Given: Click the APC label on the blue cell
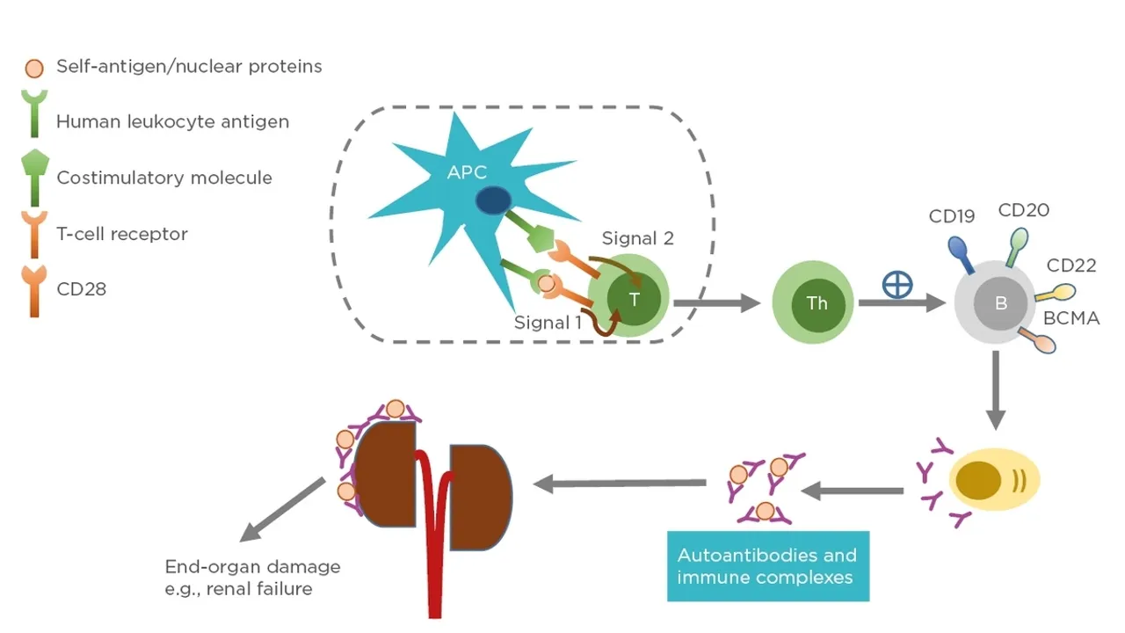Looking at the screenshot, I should [467, 172].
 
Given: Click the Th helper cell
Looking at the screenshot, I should [817, 303].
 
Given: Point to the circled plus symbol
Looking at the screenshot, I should [897, 285].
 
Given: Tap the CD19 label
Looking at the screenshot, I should [952, 216].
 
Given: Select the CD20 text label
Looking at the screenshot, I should [1023, 210].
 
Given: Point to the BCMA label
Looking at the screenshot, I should [1071, 318].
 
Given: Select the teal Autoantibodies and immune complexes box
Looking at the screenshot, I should [767, 566].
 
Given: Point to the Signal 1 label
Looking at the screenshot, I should [548, 323].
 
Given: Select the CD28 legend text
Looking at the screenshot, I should [81, 288].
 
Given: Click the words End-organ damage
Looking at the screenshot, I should [252, 566].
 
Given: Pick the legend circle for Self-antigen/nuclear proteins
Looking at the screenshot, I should [33, 67].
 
